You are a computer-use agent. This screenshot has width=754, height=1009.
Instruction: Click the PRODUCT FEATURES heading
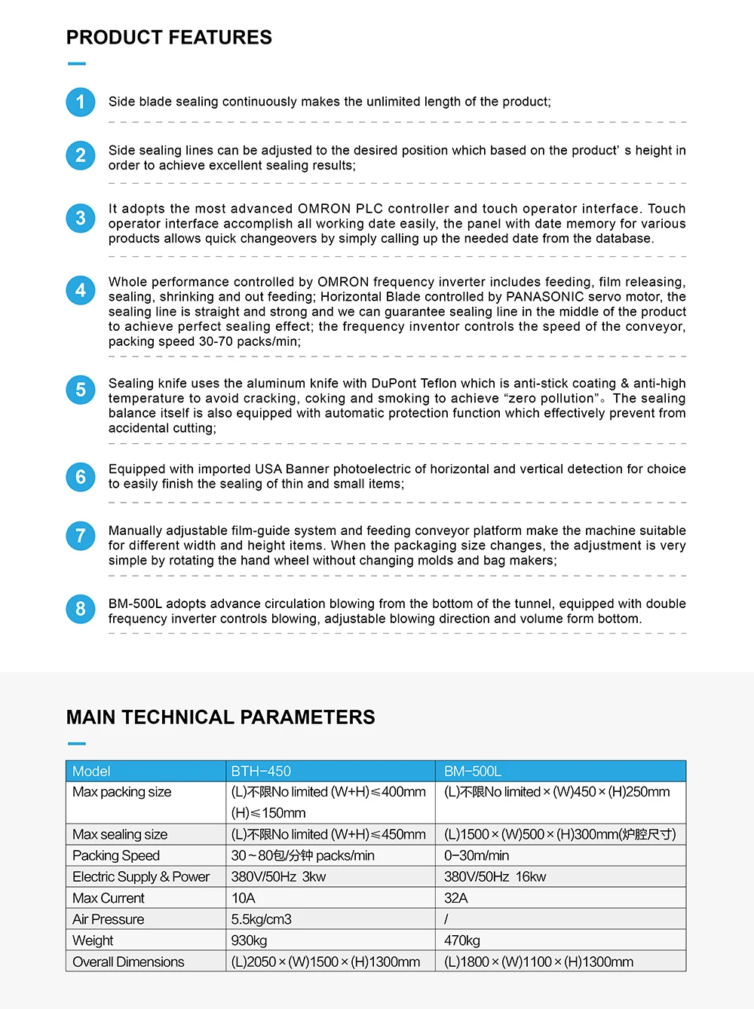169,38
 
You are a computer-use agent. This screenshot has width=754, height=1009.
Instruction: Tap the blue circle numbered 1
81,102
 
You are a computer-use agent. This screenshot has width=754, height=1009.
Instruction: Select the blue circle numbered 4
81,290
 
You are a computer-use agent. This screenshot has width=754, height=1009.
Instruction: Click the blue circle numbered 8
81,609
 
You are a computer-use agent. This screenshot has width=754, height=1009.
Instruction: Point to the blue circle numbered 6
81,477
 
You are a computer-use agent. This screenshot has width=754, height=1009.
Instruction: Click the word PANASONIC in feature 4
544,297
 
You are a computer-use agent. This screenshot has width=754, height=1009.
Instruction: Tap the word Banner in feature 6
307,469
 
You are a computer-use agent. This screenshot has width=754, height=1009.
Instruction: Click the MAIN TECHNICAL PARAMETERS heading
220,717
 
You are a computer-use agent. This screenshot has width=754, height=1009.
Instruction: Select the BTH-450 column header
261,772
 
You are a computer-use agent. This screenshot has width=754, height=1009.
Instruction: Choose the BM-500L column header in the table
473,772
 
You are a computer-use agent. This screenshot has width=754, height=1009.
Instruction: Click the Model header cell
91,772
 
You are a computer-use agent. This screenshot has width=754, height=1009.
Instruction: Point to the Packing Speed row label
116,856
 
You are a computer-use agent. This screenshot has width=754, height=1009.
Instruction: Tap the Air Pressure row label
109,919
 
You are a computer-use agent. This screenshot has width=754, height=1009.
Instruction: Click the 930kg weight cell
250,940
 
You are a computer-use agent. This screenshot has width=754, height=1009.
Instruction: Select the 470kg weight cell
462,940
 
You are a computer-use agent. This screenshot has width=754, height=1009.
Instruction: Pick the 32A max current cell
456,898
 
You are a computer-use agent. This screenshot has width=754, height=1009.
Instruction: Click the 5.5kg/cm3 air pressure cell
262,919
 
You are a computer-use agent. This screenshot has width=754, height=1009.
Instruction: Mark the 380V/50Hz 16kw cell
495,877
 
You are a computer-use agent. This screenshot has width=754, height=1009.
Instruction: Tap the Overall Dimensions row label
128,962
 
